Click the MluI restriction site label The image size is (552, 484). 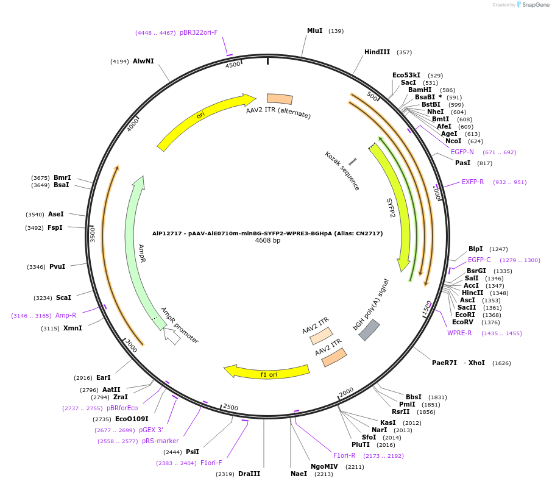click(x=314, y=30)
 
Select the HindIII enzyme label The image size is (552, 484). click(x=377, y=52)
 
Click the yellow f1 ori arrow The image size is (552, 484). click(x=268, y=371)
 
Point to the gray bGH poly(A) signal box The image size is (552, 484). click(x=369, y=330)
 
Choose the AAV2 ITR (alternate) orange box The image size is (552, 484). click(x=280, y=99)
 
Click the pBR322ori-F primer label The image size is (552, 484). click(x=199, y=33)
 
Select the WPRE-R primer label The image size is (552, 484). click(x=459, y=333)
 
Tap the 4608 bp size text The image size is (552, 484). click(x=267, y=241)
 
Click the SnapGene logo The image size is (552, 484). click(x=533, y=5)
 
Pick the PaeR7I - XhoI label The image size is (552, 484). click(x=458, y=363)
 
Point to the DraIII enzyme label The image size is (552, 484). click(x=249, y=474)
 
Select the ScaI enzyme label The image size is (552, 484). click(x=63, y=297)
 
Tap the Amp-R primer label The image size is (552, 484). click(x=66, y=315)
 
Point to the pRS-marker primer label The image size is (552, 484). click(x=160, y=441)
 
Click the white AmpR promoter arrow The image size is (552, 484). click(x=172, y=336)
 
